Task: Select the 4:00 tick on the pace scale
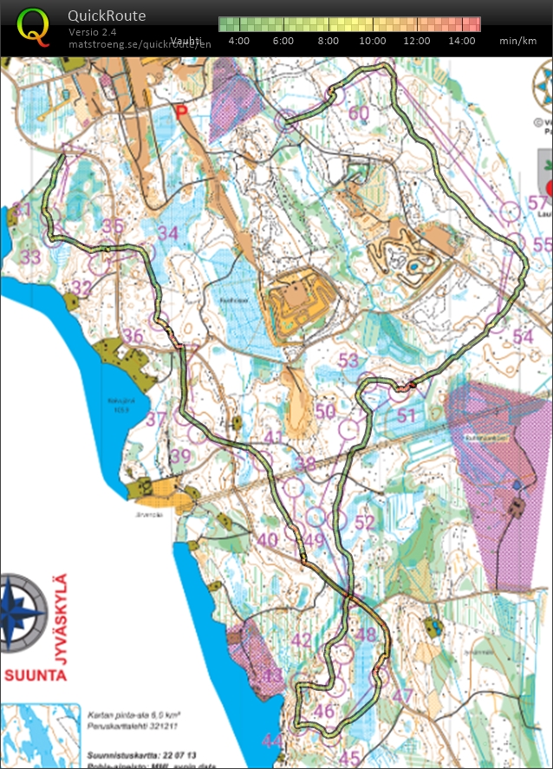[239, 41]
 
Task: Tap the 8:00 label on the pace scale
[329, 41]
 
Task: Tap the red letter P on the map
[181, 111]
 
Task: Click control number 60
[358, 113]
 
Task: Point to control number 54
[523, 336]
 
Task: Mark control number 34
[168, 233]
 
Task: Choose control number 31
[22, 211]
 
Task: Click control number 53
[348, 360]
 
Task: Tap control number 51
[407, 415]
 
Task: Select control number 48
[367, 635]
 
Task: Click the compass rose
[23, 612]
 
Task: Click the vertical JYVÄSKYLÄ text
[62, 614]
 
